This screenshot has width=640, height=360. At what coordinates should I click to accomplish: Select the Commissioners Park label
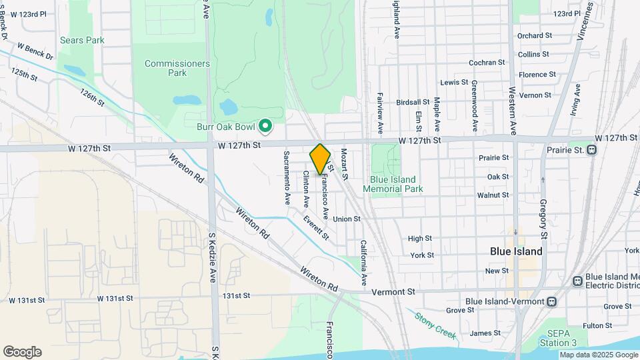pyautogui.click(x=177, y=68)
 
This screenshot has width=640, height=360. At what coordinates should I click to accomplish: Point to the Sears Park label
pyautogui.click(x=82, y=40)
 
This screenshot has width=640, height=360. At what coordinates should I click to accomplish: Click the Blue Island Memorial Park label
pyautogui.click(x=393, y=184)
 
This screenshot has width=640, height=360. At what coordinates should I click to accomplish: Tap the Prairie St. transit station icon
pyautogui.click(x=592, y=149)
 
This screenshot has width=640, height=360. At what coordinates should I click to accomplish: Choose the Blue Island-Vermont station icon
pyautogui.click(x=551, y=301)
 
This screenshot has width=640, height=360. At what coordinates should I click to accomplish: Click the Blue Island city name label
pyautogui.click(x=516, y=251)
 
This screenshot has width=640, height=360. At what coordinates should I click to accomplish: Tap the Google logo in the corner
pyautogui.click(x=22, y=352)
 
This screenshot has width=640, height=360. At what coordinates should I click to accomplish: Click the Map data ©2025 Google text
pyautogui.click(x=598, y=355)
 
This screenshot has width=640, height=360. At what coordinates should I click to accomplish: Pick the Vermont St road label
pyautogui.click(x=393, y=291)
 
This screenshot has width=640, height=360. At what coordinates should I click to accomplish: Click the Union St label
pyautogui.click(x=347, y=219)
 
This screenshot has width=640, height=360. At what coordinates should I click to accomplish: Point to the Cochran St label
pyautogui.click(x=487, y=63)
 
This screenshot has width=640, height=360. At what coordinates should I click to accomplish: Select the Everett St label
pyautogui.click(x=315, y=228)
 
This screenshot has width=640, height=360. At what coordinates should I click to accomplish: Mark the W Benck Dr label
pyautogui.click(x=35, y=51)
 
